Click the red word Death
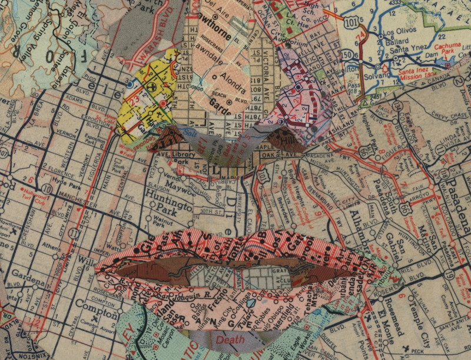tap(229, 339)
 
